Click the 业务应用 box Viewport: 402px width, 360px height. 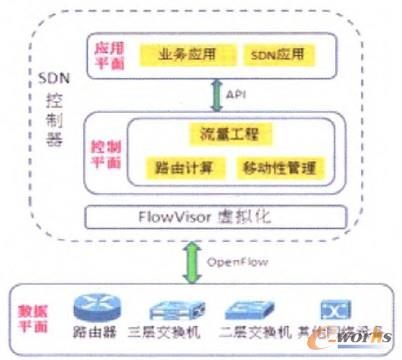click(x=180, y=51)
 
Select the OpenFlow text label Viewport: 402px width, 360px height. click(x=261, y=262)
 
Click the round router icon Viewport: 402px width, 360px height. click(x=92, y=310)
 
